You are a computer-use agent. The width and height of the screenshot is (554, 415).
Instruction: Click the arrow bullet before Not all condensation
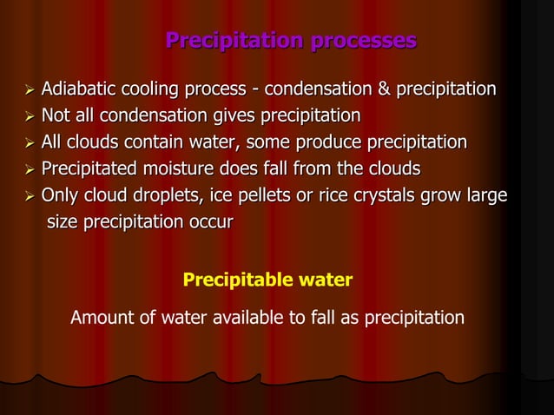[29, 116]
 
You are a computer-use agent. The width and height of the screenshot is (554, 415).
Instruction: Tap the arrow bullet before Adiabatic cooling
[29, 90]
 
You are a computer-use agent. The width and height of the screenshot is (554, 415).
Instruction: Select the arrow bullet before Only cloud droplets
[29, 195]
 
